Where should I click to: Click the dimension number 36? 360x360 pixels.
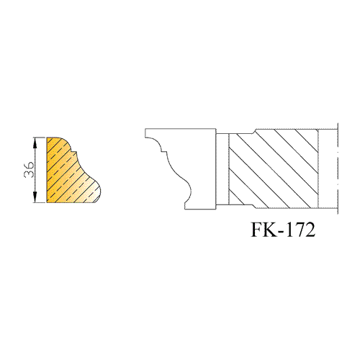pos(29,170)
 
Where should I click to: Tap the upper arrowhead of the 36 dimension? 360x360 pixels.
pos(35,141)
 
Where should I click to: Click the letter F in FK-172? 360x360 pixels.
pos(258,230)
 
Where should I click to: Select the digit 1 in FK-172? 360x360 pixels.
pos(289,230)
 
